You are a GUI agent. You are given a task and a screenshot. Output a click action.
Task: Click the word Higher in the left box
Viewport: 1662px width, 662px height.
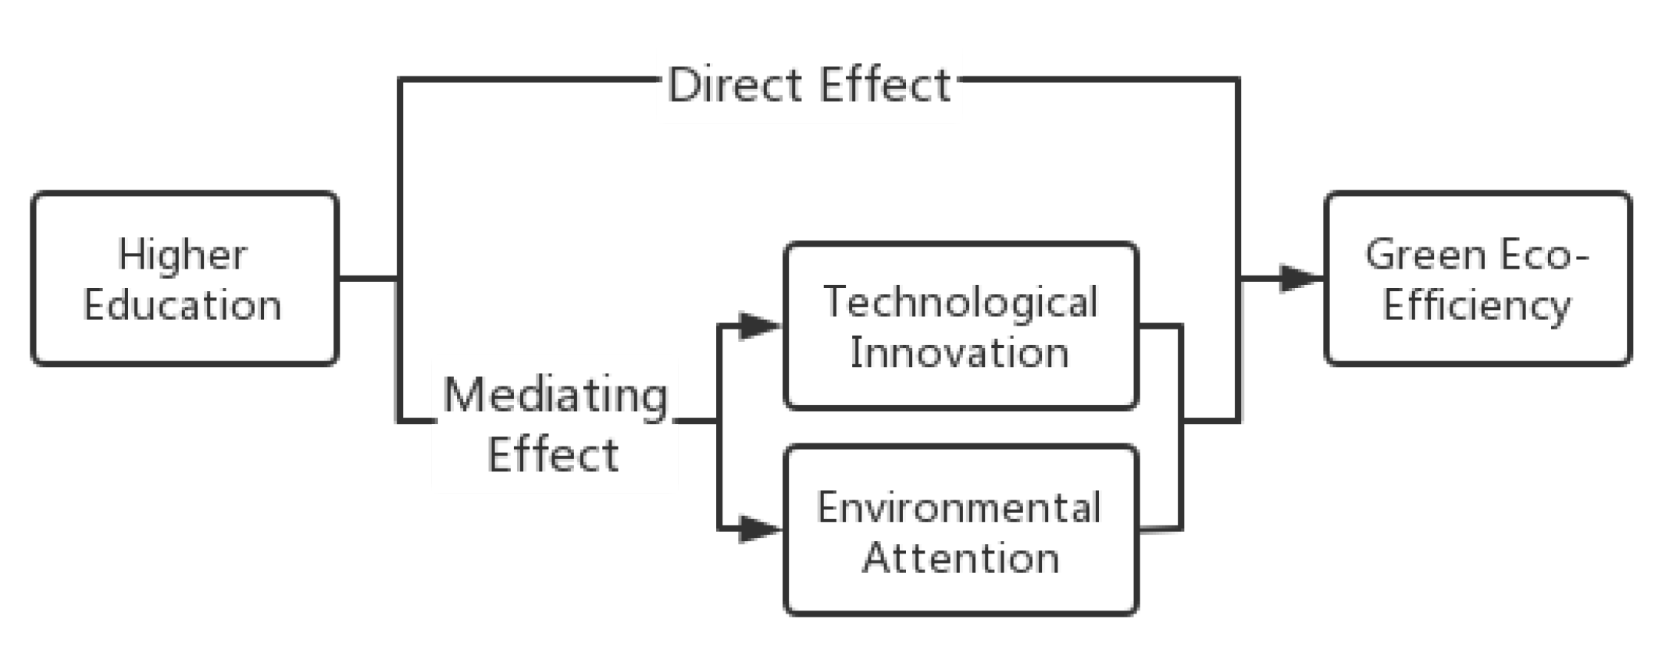click(x=182, y=255)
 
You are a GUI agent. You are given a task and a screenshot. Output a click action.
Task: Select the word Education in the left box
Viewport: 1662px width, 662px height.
click(x=182, y=305)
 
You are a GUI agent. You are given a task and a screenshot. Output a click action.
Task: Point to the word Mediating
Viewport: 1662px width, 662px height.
click(x=555, y=397)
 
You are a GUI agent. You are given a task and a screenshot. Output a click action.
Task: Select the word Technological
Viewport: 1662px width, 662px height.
click(x=961, y=302)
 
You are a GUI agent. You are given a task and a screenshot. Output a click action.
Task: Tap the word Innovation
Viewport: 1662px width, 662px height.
click(x=960, y=353)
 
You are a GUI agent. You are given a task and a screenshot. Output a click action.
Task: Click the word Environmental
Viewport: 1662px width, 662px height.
click(x=959, y=507)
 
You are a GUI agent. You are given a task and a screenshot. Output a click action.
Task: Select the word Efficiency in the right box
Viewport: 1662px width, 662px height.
click(x=1476, y=305)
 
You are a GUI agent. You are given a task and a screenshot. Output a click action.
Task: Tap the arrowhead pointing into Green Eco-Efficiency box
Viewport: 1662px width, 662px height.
click(x=1300, y=278)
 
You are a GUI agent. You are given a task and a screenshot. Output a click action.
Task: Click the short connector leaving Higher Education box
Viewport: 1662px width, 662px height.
click(x=367, y=278)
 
